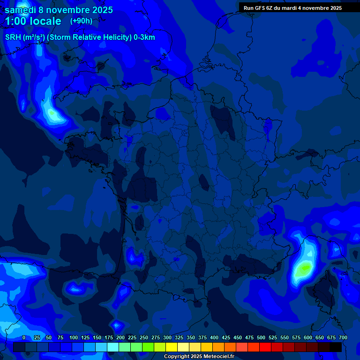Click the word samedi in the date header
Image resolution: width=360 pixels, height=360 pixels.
tap(21, 10)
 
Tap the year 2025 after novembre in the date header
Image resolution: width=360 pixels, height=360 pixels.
tap(100, 10)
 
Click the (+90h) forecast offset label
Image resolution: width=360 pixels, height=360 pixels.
tap(81, 21)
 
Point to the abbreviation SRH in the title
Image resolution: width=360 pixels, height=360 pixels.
tap(13, 37)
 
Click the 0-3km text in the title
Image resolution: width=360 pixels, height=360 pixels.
tap(144, 37)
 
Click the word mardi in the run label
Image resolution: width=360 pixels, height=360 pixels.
tap(295, 8)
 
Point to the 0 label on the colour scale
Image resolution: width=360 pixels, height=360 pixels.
tap(24, 337)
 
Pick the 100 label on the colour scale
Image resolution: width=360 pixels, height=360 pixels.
tap(74, 337)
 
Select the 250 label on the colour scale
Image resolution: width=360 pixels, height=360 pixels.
tap(144, 337)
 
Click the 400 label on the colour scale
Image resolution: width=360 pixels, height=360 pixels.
tap(214, 337)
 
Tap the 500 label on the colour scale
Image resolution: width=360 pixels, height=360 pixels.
tap(261, 337)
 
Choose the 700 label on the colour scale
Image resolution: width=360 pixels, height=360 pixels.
tap(343, 337)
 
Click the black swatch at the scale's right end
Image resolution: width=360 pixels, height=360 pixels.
tap(335, 347)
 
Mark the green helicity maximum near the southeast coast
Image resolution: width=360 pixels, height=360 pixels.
tap(305, 268)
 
